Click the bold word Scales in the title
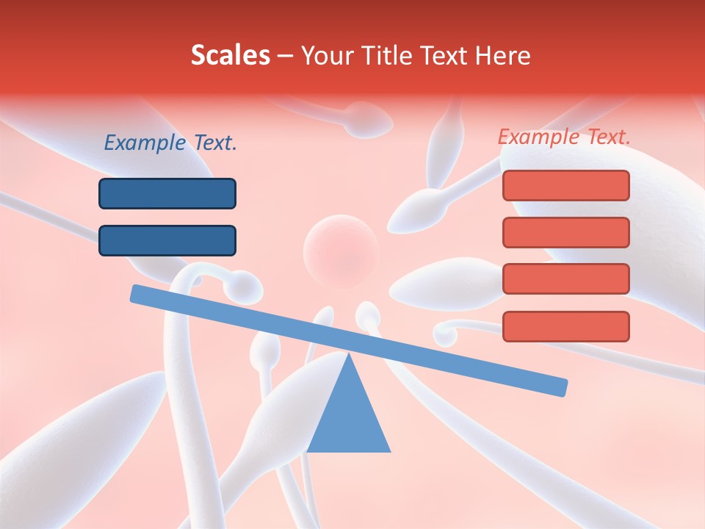(230, 55)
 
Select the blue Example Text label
(170, 143)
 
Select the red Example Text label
(564, 137)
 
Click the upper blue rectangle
(167, 193)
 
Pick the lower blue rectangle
(167, 240)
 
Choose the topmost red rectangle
(565, 185)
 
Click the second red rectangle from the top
(565, 232)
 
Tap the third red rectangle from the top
(565, 278)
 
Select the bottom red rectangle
(565, 326)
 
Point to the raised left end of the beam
(137, 293)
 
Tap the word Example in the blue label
(145, 143)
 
